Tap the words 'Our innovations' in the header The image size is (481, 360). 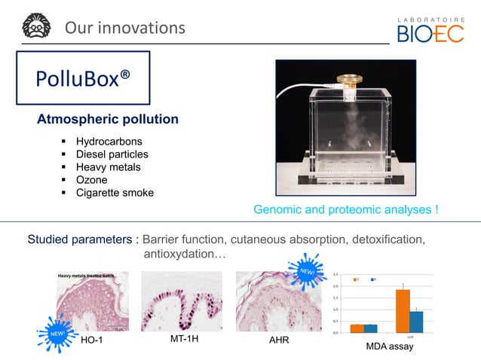coord(124,28)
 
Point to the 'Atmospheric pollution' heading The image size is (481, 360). coord(108,120)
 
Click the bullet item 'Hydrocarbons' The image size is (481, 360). coord(109,142)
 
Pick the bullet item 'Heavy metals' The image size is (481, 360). coord(108,167)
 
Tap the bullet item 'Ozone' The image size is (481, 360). coord(91,180)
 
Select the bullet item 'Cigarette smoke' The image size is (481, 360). coord(115,193)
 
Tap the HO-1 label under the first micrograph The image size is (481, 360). coord(90,340)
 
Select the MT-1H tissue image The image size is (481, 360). coord(182,301)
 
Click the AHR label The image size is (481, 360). coord(279,341)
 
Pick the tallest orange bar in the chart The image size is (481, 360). coord(403,311)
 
